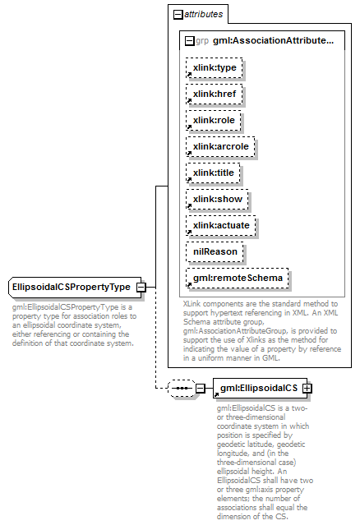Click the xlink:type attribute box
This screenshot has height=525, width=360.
coord(214,68)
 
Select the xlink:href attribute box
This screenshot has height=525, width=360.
coord(214,94)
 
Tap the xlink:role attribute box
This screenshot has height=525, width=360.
coord(213,120)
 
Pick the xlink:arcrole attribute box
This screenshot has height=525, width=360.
coord(220,146)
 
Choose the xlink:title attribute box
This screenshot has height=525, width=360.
coord(213,173)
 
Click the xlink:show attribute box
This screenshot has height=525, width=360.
coord(216,199)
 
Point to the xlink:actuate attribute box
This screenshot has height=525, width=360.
coord(220,225)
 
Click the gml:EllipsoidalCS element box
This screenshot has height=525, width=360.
coord(257,387)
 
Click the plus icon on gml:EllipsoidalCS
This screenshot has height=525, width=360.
coord(307,387)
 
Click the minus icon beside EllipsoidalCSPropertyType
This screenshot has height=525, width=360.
coord(141,287)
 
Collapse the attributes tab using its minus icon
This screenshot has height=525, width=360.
coord(177,14)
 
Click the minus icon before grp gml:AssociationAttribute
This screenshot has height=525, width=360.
coord(189,39)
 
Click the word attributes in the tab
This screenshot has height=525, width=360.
coord(202,14)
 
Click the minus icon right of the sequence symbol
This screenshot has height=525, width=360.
coord(199,387)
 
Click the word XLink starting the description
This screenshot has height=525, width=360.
coord(194,304)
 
